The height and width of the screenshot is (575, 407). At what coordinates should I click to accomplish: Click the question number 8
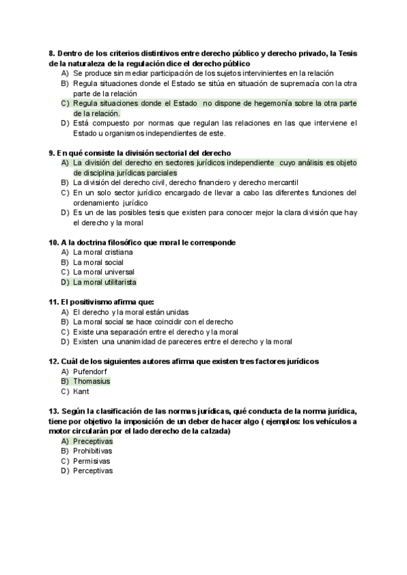coord(52,54)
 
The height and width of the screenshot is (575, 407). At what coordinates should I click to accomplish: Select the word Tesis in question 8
coord(345,54)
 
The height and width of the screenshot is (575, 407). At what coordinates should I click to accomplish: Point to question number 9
coord(52,153)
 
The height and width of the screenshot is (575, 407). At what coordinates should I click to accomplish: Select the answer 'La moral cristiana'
coord(102,252)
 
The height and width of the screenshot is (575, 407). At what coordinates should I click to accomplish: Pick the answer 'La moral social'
coord(98,262)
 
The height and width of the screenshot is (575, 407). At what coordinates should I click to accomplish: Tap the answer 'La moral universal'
coord(103,272)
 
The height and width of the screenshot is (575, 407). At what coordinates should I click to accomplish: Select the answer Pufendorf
coord(90,372)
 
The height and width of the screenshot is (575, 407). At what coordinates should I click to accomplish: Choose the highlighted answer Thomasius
coord(92,381)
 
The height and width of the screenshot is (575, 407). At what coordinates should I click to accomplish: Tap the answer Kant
coord(81,391)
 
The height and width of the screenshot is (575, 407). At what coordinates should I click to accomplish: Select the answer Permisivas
coord(92,461)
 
